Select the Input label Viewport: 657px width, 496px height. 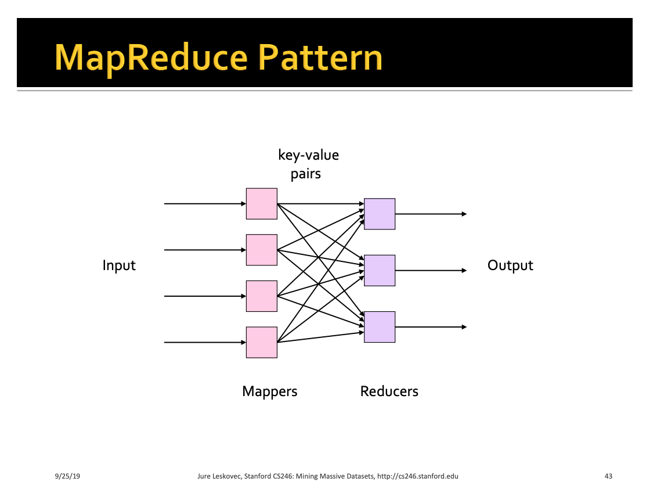(x=119, y=265)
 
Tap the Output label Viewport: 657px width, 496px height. (x=510, y=265)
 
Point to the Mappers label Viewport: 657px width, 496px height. (x=269, y=391)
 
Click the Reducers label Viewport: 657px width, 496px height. (x=389, y=391)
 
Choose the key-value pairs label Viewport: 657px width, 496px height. (x=308, y=164)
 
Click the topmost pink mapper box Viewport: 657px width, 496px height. (x=262, y=204)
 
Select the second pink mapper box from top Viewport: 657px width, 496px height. (x=262, y=250)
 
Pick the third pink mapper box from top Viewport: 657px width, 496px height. (x=262, y=296)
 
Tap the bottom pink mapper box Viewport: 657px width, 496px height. (x=262, y=343)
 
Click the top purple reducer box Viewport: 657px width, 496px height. (x=380, y=214)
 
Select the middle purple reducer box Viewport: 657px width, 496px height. (x=380, y=270)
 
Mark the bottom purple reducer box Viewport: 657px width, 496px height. (x=380, y=327)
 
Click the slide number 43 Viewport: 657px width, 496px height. (x=608, y=477)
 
